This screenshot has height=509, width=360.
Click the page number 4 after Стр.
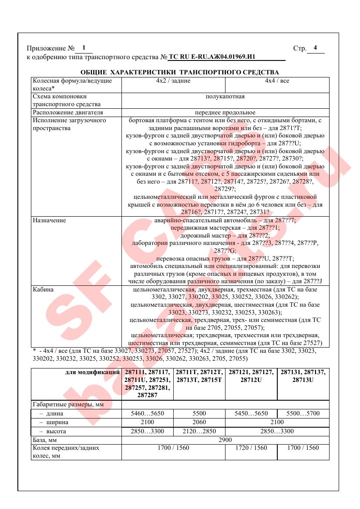coord(315,48)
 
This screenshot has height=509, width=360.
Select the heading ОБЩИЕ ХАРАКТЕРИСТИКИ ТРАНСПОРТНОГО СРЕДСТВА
coord(180,72)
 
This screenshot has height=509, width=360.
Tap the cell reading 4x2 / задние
coord(173,81)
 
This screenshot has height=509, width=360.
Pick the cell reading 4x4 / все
coord(277,81)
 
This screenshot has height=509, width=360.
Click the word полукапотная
coord(225,97)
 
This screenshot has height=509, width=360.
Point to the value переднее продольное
coord(225,112)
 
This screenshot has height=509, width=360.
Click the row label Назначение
coord(50,221)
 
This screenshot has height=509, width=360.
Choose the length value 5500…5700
coord(303,414)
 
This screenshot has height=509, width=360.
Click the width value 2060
coord(199,422)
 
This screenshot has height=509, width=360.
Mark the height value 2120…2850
coord(199,431)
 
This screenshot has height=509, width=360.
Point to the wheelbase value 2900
coord(225,440)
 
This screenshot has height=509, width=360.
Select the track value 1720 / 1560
coord(251,448)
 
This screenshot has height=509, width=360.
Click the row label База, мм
coord(47,440)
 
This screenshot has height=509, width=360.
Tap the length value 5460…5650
coord(147,414)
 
